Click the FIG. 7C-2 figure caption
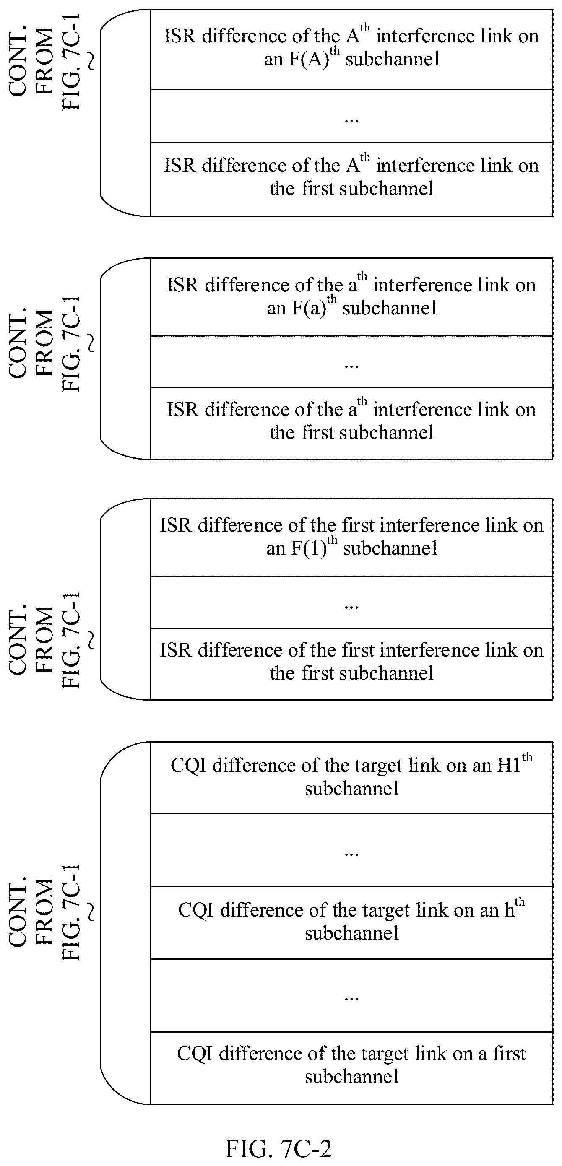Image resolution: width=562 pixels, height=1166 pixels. (x=278, y=1148)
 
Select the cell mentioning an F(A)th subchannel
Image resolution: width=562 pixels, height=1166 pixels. (x=351, y=49)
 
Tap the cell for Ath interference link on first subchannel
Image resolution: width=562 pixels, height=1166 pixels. (x=351, y=179)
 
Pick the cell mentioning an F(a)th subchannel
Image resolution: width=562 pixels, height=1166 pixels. (x=351, y=297)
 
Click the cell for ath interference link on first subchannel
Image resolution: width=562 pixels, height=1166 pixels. (x=351, y=423)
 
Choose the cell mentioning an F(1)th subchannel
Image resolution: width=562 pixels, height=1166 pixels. (x=351, y=537)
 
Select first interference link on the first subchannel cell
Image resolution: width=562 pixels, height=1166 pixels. (x=351, y=664)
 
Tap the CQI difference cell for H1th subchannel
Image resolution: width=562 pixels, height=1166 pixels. (x=351, y=778)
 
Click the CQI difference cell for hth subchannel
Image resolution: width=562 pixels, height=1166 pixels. (x=351, y=922)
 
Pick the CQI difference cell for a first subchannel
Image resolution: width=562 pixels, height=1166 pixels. (x=351, y=1068)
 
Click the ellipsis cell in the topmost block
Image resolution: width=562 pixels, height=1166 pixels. (x=351, y=116)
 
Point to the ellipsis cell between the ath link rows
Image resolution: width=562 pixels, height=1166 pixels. (x=351, y=362)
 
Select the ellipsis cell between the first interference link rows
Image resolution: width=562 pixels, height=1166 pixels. (x=351, y=602)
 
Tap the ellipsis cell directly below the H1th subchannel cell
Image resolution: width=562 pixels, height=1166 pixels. (x=351, y=850)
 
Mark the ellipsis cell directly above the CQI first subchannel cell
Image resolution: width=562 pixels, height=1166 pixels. (x=351, y=995)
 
